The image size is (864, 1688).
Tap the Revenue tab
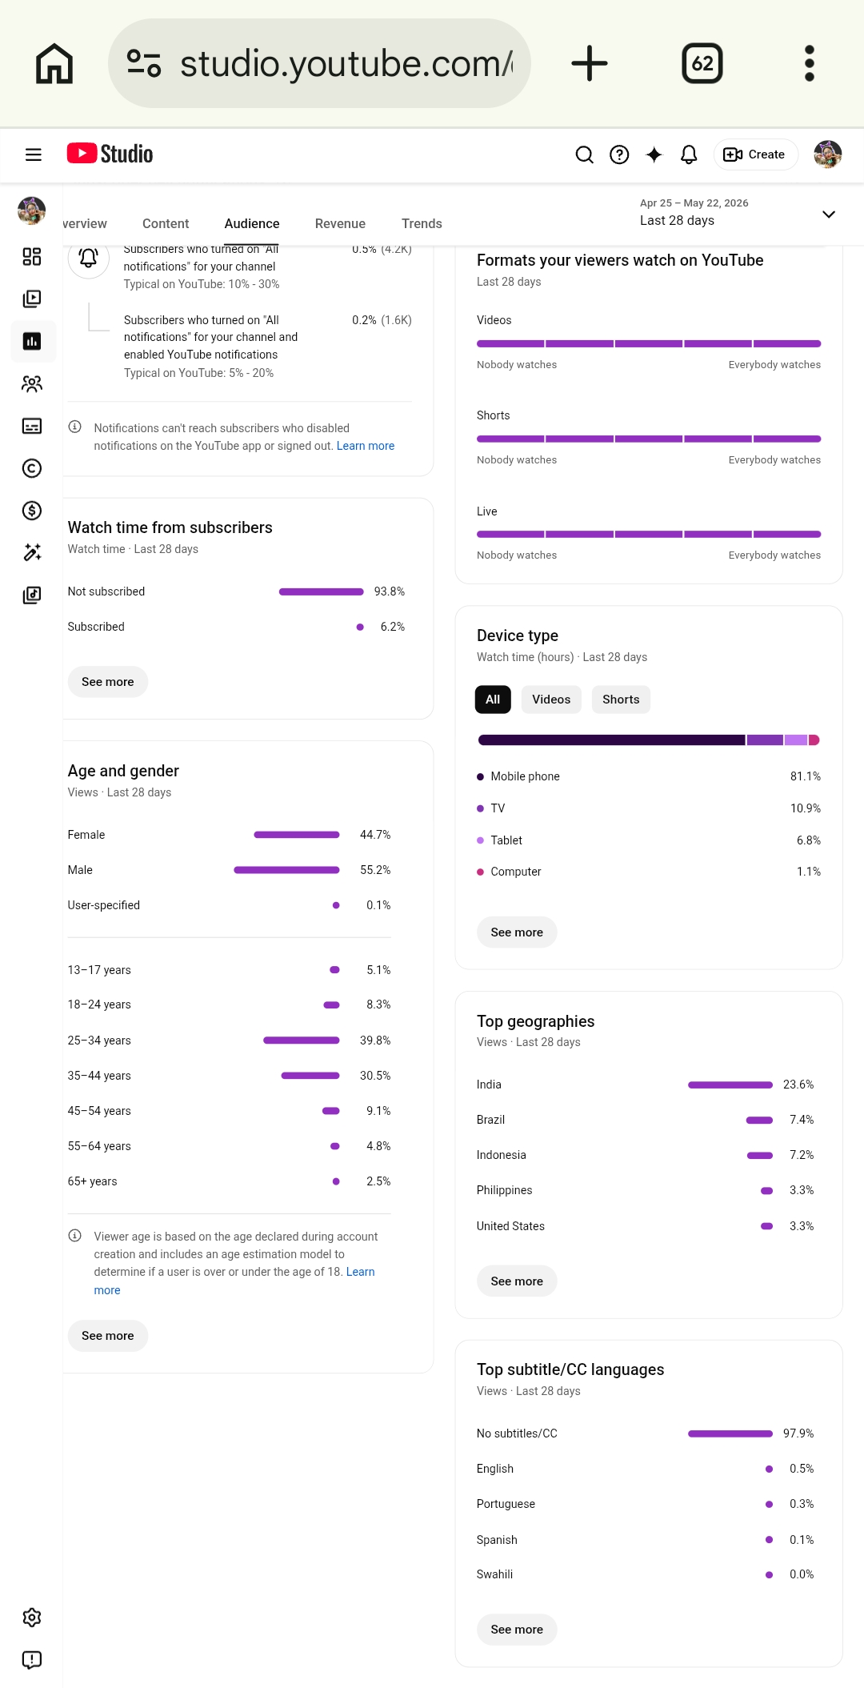tap(340, 223)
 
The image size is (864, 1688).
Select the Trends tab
tap(422, 223)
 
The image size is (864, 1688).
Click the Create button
tap(755, 154)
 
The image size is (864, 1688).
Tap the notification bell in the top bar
tap(689, 154)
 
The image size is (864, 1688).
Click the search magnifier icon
tap(585, 154)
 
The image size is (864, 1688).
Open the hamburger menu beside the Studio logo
tap(34, 154)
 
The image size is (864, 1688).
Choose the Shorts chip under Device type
tap(621, 700)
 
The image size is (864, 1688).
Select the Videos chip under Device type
tap(551, 700)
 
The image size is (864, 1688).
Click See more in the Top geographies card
tap(517, 1281)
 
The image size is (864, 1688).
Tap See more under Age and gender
tap(108, 1336)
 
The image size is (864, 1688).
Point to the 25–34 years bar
tap(302, 1040)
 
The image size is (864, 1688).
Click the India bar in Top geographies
tap(730, 1085)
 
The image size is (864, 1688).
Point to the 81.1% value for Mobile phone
tap(806, 776)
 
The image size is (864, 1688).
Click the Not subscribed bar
tap(322, 591)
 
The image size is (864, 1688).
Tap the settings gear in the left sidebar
tap(32, 1618)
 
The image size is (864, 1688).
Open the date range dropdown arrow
tap(829, 214)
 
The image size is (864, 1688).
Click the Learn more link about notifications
tap(366, 446)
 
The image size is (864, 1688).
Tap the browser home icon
tap(54, 63)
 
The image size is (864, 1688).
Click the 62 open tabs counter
tap(702, 63)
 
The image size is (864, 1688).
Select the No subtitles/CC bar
tap(730, 1433)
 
